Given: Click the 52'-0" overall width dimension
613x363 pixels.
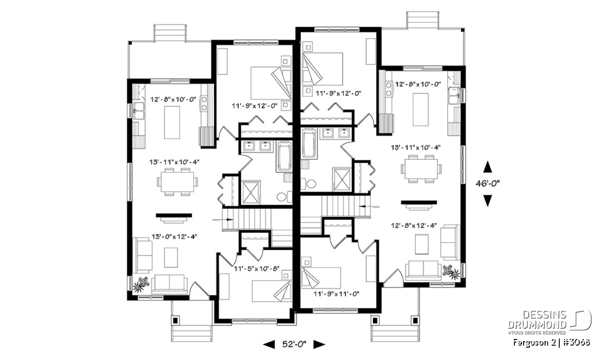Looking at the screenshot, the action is coord(294,345).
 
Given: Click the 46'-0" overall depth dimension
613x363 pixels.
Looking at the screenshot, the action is coord(488,184).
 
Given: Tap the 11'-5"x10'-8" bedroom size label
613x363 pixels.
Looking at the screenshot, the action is coord(256,269).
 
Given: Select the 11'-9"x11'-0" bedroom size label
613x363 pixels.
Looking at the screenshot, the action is coord(336,294).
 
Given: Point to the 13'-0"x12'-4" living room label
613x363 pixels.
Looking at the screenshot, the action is coord(174,236).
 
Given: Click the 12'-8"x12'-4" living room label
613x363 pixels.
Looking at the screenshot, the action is coord(414,225).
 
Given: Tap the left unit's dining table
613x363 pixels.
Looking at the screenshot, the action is coord(177,182).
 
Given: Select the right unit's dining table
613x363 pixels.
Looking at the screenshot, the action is coord(421,169).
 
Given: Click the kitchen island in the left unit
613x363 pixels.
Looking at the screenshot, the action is coord(172,123).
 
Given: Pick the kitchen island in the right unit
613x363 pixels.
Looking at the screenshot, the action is coord(420,109).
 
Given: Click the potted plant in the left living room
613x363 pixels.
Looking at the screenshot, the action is coord(141,284).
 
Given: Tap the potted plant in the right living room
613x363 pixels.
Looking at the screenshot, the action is coord(451,272).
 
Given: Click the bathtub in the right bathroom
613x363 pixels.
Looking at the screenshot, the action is coord(309,144).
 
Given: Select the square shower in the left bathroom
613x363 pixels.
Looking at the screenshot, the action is coord(250,192).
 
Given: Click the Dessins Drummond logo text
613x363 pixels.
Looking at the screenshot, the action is coord(537,320).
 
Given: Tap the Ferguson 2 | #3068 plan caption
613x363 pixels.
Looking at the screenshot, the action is coord(551,343).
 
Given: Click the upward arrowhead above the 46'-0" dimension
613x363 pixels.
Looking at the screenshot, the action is coord(487,167).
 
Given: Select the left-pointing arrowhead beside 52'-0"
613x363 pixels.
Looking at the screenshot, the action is coord(269,345).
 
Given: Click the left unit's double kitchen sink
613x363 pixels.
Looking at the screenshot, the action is coord(139,111).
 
